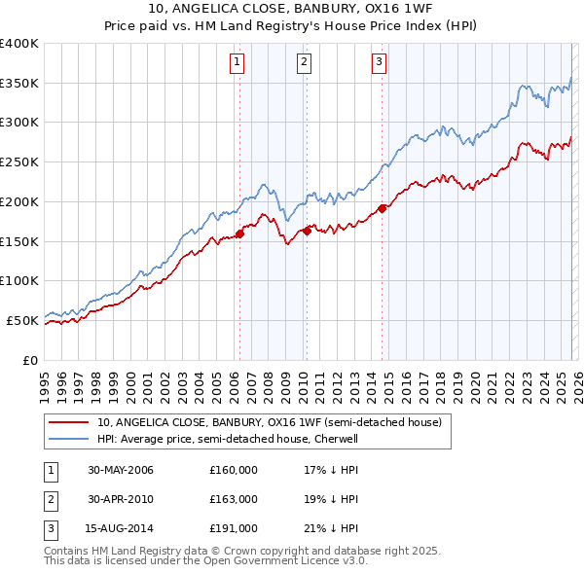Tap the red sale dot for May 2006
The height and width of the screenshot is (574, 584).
coord(239,233)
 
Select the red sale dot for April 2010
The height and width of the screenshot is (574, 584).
coord(307,231)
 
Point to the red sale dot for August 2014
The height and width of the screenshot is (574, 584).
coord(382,208)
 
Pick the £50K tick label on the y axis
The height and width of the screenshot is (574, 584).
coord(22,320)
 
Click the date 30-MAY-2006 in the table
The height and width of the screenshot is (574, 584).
coord(121,470)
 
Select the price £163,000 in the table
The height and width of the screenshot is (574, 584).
coord(234,499)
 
